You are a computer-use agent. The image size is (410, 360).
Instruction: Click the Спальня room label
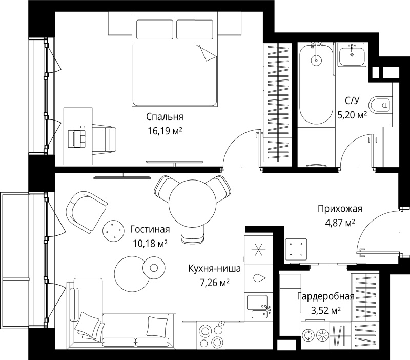click(165, 117)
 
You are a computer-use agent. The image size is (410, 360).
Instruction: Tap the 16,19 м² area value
click(165, 131)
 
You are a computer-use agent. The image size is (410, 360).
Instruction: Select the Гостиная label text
click(150, 229)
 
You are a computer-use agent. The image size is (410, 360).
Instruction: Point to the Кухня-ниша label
click(215, 269)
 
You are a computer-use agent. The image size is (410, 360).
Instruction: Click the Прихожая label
click(340, 209)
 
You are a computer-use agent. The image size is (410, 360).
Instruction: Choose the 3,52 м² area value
click(325, 310)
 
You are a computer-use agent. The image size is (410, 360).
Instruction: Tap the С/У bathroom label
click(352, 101)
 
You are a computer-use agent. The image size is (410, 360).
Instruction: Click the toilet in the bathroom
click(380, 105)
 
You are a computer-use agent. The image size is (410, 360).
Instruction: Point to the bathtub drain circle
click(316, 61)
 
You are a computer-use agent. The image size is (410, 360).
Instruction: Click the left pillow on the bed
click(155, 29)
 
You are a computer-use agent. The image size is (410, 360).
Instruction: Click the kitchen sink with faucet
click(258, 306)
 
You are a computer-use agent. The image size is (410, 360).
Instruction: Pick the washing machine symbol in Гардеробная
click(309, 335)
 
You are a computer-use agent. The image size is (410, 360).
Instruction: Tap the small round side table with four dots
click(113, 230)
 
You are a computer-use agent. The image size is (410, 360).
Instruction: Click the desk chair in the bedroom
click(104, 138)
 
